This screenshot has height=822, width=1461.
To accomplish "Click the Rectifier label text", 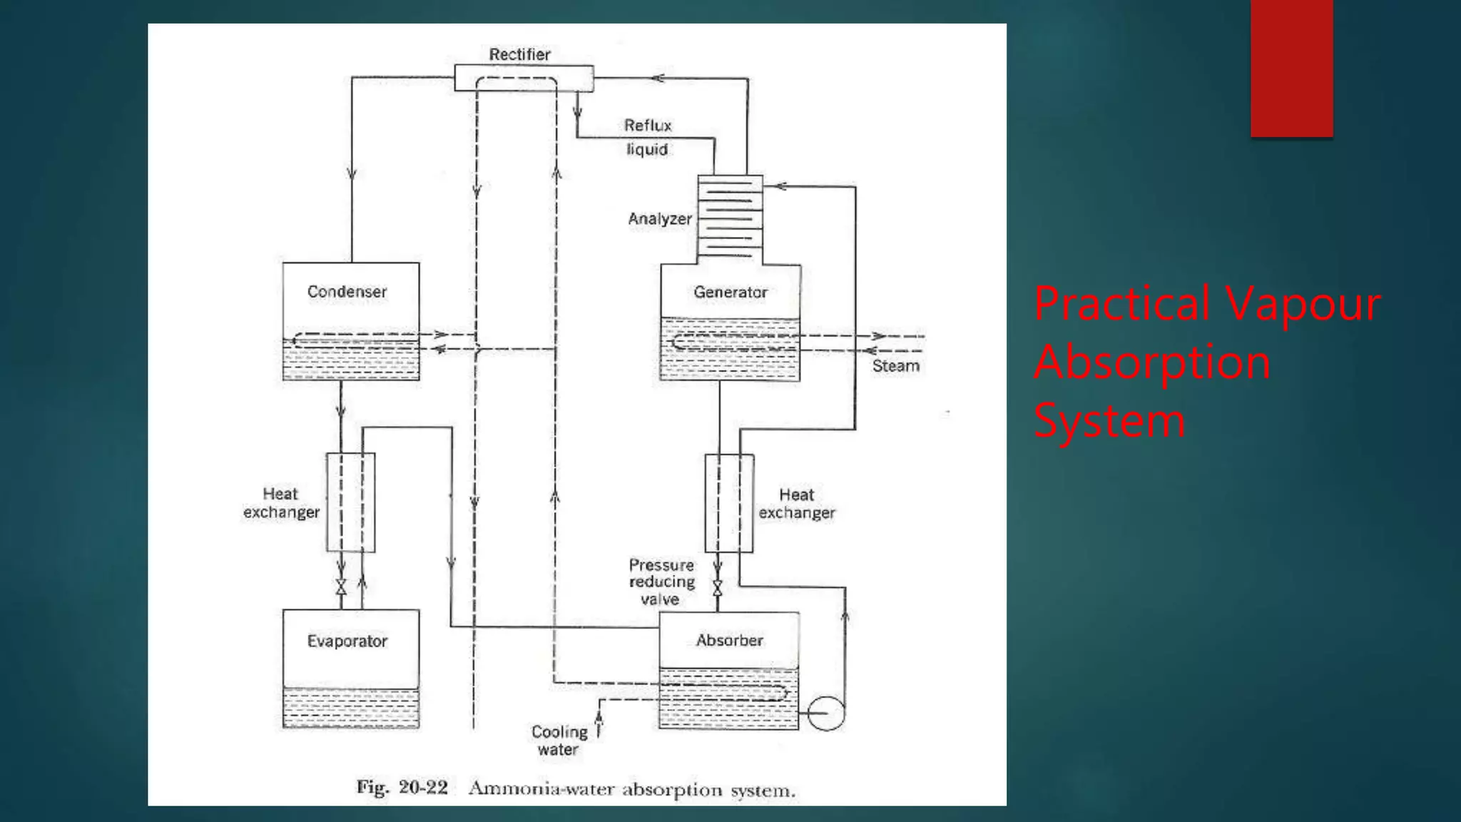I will [519, 54].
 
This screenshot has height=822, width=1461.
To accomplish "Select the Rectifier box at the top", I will [523, 78].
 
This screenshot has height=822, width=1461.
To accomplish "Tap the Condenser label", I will [347, 292].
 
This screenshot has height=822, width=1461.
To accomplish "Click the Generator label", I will [730, 293].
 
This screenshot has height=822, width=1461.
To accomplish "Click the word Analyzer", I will [660, 219].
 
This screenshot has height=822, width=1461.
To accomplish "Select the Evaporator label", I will [347, 641].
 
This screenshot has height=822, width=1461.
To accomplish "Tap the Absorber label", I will [729, 641].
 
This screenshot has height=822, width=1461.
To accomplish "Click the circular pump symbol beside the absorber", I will [826, 713].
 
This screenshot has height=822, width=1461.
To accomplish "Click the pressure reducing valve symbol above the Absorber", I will [718, 588].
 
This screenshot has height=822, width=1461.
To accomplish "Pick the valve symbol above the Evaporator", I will [341, 587].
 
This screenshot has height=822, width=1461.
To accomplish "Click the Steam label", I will [895, 366].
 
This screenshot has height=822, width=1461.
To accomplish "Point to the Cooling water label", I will [559, 741].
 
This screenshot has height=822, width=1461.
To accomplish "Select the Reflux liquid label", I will [648, 137].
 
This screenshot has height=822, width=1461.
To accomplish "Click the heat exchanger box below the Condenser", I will [350, 502].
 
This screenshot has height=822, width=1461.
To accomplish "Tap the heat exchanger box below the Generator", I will [729, 503].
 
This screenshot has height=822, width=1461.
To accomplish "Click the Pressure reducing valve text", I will [661, 582].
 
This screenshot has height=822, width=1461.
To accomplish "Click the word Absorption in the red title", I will [1151, 362].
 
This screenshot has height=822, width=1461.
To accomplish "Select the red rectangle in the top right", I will [1291, 68].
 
